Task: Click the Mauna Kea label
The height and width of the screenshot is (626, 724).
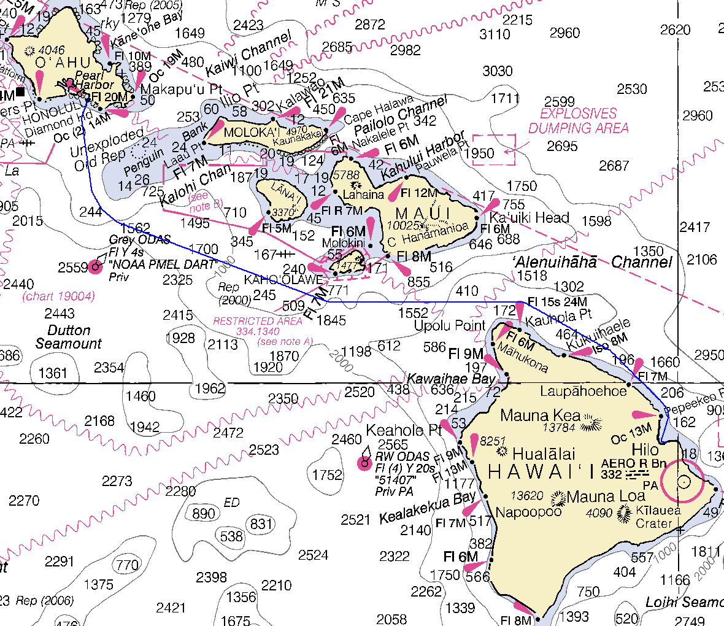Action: [x=539, y=415]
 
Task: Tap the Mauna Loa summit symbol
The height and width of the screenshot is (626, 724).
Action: [x=558, y=497]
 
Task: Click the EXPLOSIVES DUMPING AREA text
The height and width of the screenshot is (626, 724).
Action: [x=579, y=121]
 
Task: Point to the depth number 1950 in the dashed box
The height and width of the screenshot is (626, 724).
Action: [x=479, y=153]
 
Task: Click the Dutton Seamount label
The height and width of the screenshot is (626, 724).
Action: [x=68, y=337]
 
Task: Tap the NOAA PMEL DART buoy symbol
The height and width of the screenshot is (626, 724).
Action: [x=95, y=266]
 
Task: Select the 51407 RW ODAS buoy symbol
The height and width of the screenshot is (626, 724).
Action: [x=364, y=463]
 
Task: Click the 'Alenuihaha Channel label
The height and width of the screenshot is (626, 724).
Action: [x=592, y=262]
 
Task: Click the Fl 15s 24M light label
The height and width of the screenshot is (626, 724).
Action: [x=557, y=302]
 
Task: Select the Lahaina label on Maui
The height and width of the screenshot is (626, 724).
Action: [x=363, y=195]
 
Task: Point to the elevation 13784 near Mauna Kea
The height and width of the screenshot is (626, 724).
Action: [x=559, y=427]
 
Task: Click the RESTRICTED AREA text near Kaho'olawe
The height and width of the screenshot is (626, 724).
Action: [x=258, y=321]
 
